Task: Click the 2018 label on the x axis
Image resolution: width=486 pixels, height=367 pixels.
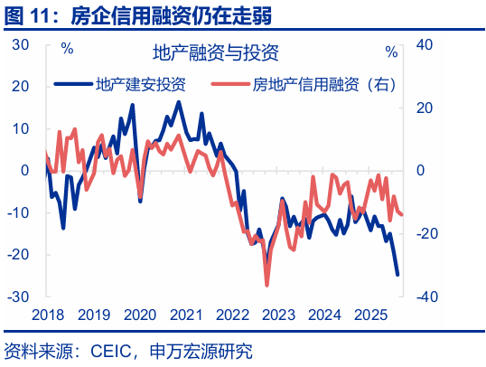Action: tap(47, 315)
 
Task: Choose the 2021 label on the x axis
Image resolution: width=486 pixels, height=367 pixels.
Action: tap(185, 315)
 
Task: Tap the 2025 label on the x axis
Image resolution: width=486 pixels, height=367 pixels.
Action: tap(370, 315)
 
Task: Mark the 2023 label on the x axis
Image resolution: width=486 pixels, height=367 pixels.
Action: tap(278, 315)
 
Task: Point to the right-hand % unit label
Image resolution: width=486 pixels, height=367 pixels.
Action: tap(390, 52)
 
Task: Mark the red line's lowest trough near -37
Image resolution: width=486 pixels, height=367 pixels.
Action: tap(266, 286)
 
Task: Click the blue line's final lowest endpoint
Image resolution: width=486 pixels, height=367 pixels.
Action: tap(397, 275)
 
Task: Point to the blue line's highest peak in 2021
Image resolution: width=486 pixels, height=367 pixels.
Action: tap(178, 102)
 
